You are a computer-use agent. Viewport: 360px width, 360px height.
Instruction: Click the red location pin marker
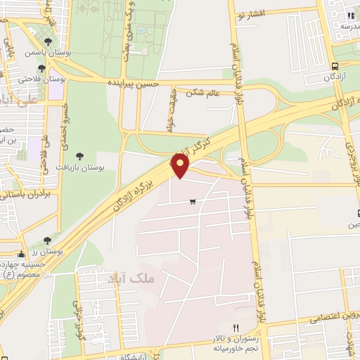[181, 166]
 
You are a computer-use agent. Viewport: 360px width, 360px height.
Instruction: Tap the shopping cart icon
[193, 202]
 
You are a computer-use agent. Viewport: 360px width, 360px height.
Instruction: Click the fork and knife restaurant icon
[236, 328]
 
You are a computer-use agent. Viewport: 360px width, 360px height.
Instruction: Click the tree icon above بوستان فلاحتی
[41, 69]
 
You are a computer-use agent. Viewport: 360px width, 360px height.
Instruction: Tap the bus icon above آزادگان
[336, 67]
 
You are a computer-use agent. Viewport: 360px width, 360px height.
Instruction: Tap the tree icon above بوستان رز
[47, 240]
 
